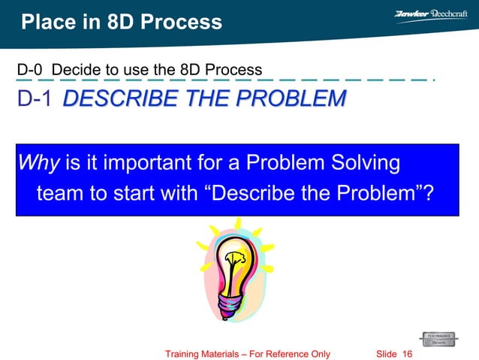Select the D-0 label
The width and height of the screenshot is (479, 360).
click(x=29, y=71)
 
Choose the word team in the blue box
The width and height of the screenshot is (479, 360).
click(x=61, y=193)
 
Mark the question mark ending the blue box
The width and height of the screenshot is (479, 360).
click(x=429, y=193)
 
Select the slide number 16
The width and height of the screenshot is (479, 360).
click(x=408, y=354)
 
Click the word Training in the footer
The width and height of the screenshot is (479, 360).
click(x=186, y=354)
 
